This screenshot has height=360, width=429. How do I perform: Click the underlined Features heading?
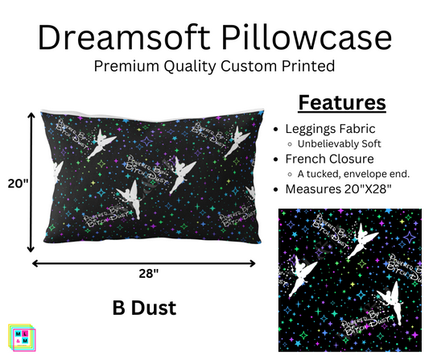(x=342, y=103)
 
